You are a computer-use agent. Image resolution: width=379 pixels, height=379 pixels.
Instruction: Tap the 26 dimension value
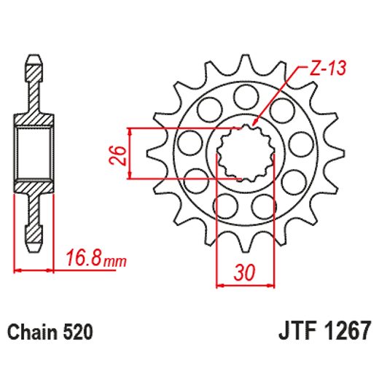pyautogui.click(x=122, y=154)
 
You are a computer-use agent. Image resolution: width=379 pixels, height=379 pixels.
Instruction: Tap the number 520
pyautogui.click(x=77, y=333)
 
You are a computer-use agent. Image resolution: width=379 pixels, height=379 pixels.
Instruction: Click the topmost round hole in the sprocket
pyautogui.click(x=244, y=94)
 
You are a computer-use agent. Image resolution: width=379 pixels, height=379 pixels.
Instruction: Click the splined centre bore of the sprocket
pyautogui.click(x=245, y=154)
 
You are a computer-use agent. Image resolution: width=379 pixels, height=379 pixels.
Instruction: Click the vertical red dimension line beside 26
pyautogui.click(x=130, y=154)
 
